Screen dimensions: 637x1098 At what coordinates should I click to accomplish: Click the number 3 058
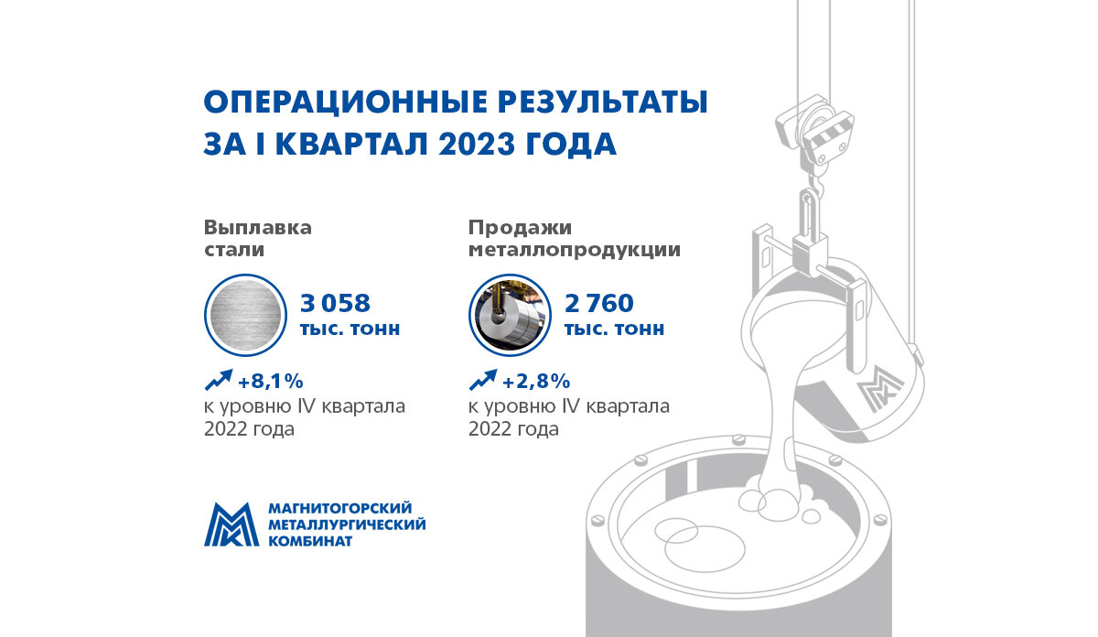click(x=335, y=303)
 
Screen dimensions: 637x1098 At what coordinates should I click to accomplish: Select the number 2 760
click(x=599, y=303)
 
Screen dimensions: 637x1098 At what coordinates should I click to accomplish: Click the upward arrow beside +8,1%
click(x=219, y=379)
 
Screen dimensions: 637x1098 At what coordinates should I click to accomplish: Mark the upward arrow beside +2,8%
click(x=483, y=379)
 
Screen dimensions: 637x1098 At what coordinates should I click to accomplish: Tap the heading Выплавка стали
click(x=258, y=238)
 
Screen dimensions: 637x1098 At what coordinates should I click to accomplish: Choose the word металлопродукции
click(x=574, y=250)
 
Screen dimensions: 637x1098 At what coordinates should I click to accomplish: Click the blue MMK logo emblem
click(x=231, y=524)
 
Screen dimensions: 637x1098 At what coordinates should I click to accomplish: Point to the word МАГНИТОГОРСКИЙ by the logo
click(x=340, y=508)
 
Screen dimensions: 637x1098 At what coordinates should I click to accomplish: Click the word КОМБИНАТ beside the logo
click(x=309, y=541)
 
